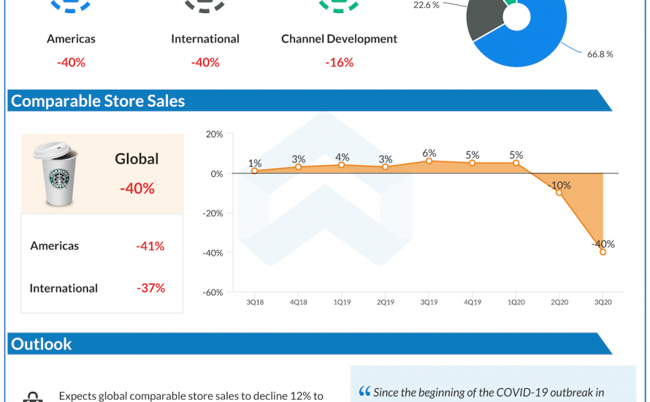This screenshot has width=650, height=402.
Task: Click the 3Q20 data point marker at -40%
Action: pos(603,252)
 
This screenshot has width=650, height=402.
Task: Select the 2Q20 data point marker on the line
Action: pos(559,192)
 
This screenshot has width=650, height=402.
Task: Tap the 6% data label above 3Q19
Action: pos(429,153)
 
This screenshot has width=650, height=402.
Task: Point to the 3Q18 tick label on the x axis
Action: pos(254,300)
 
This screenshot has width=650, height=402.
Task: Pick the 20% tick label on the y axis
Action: pos(215,134)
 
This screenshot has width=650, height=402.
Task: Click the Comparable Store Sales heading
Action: pos(98,101)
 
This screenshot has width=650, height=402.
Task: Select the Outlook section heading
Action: pos(42,344)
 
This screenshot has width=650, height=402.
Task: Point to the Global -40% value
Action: pos(137,189)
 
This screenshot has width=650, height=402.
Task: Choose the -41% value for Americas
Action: pos(150,246)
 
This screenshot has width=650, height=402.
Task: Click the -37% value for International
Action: pos(150,288)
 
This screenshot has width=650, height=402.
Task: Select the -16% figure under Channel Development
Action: pos(339,63)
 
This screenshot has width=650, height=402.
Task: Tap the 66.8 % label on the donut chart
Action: pos(600,54)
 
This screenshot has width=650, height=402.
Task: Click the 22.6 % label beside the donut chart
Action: pos(427,4)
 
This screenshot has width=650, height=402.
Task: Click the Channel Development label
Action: pos(339,39)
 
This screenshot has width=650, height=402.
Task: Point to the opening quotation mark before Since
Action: pos(364,392)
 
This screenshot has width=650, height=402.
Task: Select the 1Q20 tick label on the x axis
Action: pos(516,300)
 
